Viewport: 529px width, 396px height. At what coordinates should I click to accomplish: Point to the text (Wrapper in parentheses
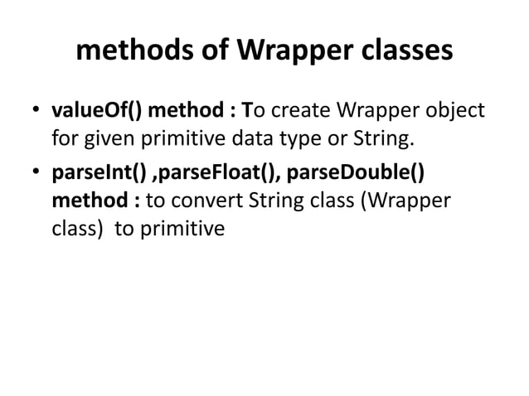(404, 202)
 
